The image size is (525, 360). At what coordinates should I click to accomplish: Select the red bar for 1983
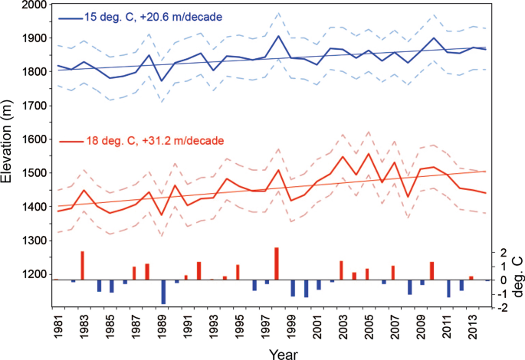pos(82,265)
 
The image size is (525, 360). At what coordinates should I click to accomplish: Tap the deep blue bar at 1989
pos(163,292)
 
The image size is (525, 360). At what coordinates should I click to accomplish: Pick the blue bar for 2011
pos(448,289)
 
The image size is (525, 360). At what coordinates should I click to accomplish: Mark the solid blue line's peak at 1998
pos(277,36)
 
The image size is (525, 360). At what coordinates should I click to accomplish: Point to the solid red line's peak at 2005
pos(368,153)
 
